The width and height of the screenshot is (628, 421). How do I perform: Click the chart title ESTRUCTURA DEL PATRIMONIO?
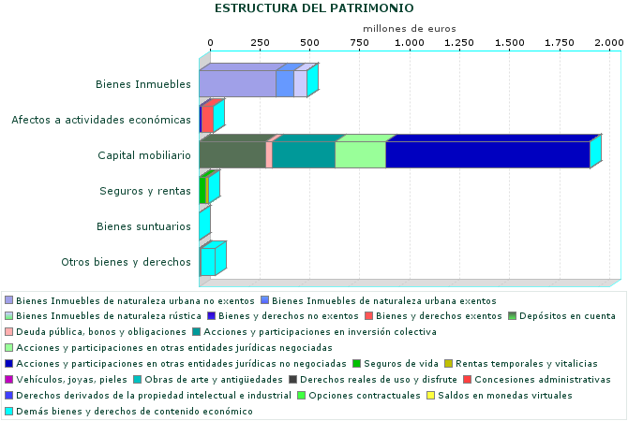pos(314,8)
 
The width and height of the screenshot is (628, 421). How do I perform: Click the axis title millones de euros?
pos(409,29)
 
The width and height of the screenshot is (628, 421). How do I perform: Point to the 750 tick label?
pos(358,43)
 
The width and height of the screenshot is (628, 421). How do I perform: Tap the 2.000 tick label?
pos(609,43)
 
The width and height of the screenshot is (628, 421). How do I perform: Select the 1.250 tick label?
pos(458,43)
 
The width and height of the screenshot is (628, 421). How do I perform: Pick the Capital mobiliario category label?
pos(144,155)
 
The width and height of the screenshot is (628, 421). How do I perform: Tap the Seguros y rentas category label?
pos(145,191)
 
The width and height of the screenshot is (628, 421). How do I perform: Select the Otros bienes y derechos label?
pos(126,262)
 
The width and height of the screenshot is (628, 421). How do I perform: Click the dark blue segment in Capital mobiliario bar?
pos(487,154)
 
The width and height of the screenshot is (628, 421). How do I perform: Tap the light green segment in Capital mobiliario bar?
pos(360,154)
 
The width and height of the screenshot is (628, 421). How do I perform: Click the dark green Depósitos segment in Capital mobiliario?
pos(232,154)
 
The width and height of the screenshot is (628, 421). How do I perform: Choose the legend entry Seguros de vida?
pos(386,363)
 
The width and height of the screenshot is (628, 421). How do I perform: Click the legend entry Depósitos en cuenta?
pos(567,315)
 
